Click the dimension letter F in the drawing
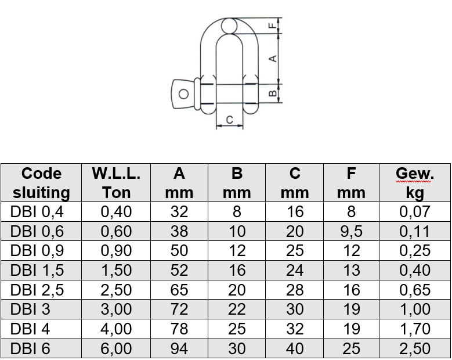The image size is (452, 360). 272,26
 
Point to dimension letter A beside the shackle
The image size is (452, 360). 273,59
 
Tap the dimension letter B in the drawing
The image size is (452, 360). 273,93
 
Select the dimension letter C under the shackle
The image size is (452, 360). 229,120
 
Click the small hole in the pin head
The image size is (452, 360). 183,94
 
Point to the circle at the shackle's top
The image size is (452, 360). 229,26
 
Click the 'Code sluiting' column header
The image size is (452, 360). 42,183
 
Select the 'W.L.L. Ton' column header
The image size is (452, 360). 116,183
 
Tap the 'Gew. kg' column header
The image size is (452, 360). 415,183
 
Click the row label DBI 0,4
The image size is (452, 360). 37,212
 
